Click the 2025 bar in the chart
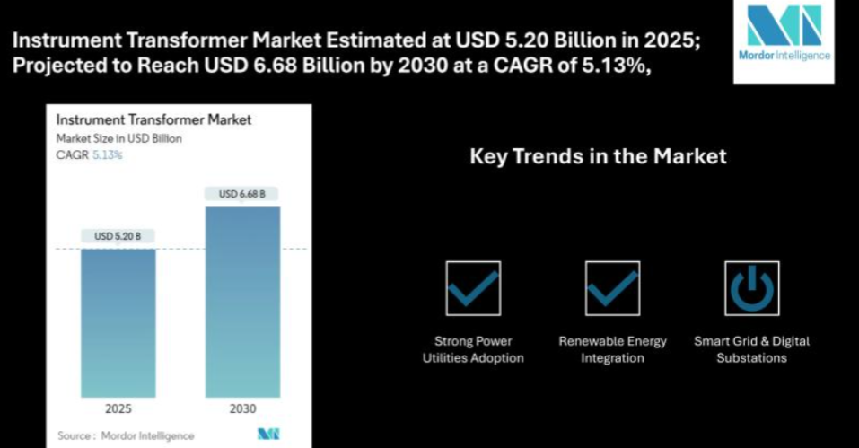[x=118, y=323]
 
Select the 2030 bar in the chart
[x=242, y=302]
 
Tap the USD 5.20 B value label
[x=118, y=236]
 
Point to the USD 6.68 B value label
[x=241, y=194]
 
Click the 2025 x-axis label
[x=118, y=408]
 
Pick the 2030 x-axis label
[x=242, y=408]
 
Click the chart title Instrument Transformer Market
[x=154, y=119]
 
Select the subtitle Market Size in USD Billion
[x=118, y=138]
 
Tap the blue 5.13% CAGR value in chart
[x=108, y=155]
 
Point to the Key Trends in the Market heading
[x=598, y=156]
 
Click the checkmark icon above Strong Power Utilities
[x=473, y=288]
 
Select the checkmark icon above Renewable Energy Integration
[x=612, y=288]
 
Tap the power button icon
[x=752, y=288]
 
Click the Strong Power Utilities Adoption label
[x=473, y=349]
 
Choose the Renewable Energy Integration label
[x=612, y=349]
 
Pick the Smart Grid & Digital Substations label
[x=751, y=349]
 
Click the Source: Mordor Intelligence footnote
[x=126, y=436]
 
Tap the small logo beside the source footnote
[x=268, y=435]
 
